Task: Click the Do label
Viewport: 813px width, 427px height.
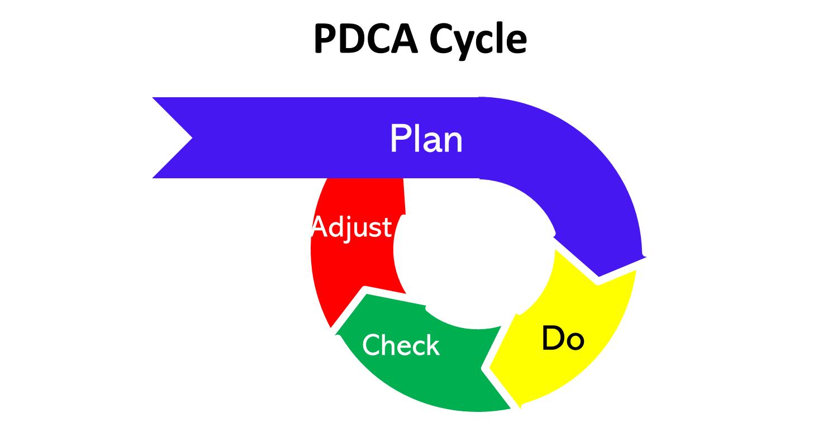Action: [x=563, y=339]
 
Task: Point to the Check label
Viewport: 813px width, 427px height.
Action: [x=401, y=345]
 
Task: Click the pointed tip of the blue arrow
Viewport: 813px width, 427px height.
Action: [x=599, y=275]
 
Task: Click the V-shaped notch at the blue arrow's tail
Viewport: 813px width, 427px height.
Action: [x=191, y=137]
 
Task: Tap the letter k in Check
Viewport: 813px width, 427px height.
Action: [x=432, y=345]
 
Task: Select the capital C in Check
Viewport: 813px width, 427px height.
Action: [x=371, y=345]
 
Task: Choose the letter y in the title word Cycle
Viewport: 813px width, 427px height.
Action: [x=460, y=44]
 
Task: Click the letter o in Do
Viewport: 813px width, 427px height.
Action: [x=575, y=341]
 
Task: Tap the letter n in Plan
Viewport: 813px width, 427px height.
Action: [x=453, y=142]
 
